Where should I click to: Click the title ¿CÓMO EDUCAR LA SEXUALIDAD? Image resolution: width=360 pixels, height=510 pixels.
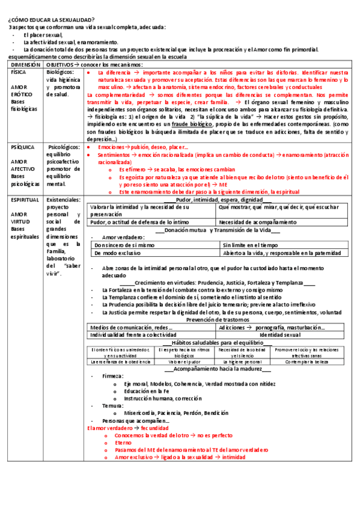[x=47, y=20]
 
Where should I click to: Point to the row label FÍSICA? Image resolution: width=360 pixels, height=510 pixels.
[x=19, y=72]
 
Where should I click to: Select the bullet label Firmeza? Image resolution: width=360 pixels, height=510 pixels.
[x=113, y=376]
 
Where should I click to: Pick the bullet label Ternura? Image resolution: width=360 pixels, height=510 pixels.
[x=113, y=406]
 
